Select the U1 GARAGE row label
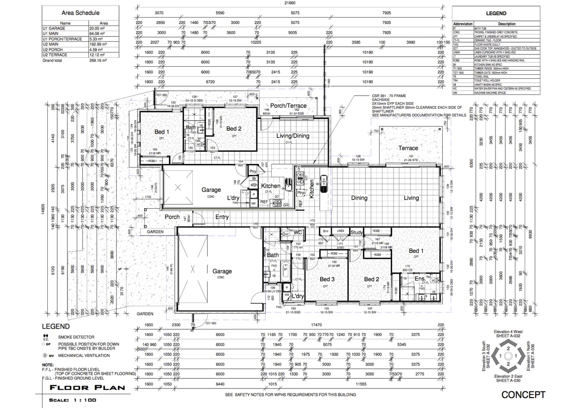[x=54, y=28]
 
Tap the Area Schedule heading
[x=81, y=13]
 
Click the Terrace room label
[x=408, y=148]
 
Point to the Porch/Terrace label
[x=288, y=106]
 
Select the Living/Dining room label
[x=292, y=136]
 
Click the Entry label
[x=222, y=217]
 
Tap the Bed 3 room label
[x=327, y=279]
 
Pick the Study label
[x=356, y=232]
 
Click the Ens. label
[x=420, y=279]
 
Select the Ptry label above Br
[x=253, y=172]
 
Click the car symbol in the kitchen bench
[x=324, y=184]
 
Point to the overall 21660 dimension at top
[x=290, y=3]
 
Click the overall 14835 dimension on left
[x=43, y=210]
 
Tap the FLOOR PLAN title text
[x=87, y=388]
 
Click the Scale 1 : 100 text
[x=73, y=400]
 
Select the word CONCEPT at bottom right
[x=523, y=395]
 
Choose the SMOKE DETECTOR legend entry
[x=76, y=337]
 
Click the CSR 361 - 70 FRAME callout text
[x=389, y=96]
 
